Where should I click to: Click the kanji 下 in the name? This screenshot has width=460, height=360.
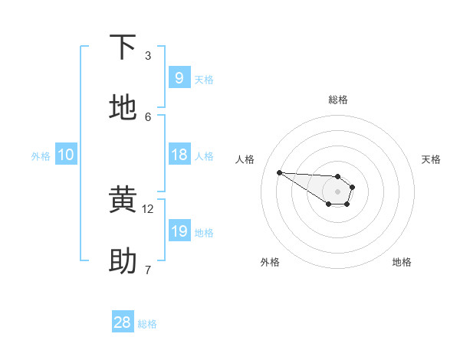(123, 47)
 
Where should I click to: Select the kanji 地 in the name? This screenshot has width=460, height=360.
(123, 108)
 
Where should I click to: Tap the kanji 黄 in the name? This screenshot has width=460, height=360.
(123, 201)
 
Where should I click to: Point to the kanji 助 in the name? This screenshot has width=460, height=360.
(123, 261)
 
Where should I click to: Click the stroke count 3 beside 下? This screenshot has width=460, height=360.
(148, 56)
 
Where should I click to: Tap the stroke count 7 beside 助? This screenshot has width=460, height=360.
(148, 270)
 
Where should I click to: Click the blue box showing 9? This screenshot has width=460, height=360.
(179, 77)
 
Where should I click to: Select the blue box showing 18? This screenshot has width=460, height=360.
(179, 155)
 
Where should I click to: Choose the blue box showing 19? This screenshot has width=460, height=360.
(179, 231)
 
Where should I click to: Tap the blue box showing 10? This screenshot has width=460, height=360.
(65, 155)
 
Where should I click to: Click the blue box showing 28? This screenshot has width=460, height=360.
(123, 322)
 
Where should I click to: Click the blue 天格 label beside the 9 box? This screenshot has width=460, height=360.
(204, 80)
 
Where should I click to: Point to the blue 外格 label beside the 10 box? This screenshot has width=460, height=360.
(41, 156)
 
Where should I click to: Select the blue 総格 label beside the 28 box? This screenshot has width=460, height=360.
(147, 324)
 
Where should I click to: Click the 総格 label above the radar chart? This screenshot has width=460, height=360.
(338, 100)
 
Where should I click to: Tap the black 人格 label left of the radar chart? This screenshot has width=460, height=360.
(245, 159)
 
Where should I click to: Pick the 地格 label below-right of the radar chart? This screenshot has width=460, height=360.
(402, 262)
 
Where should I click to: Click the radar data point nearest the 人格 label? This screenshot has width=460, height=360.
(279, 172)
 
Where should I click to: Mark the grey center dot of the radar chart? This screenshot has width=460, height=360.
(337, 191)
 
